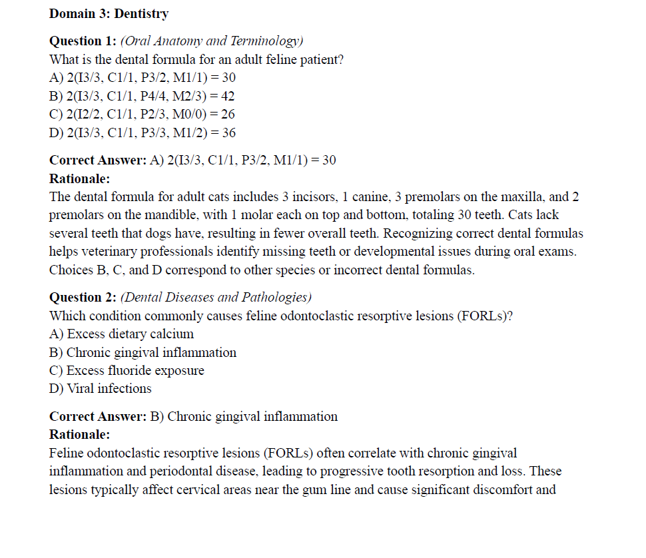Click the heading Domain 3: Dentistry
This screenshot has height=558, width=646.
tap(109, 13)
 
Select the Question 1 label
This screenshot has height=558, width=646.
tap(83, 41)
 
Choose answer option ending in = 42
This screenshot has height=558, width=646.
tap(142, 96)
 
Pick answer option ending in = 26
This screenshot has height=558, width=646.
tap(142, 114)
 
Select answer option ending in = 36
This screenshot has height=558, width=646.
tap(143, 133)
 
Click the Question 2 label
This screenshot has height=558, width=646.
tap(83, 298)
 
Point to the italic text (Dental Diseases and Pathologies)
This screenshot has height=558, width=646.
tap(216, 298)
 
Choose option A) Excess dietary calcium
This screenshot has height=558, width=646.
tap(122, 334)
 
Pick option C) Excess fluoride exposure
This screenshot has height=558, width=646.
tap(127, 370)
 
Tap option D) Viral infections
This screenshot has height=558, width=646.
tap(101, 388)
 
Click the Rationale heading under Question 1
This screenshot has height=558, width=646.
tap(80, 178)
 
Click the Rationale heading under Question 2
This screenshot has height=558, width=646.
tap(80, 435)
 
